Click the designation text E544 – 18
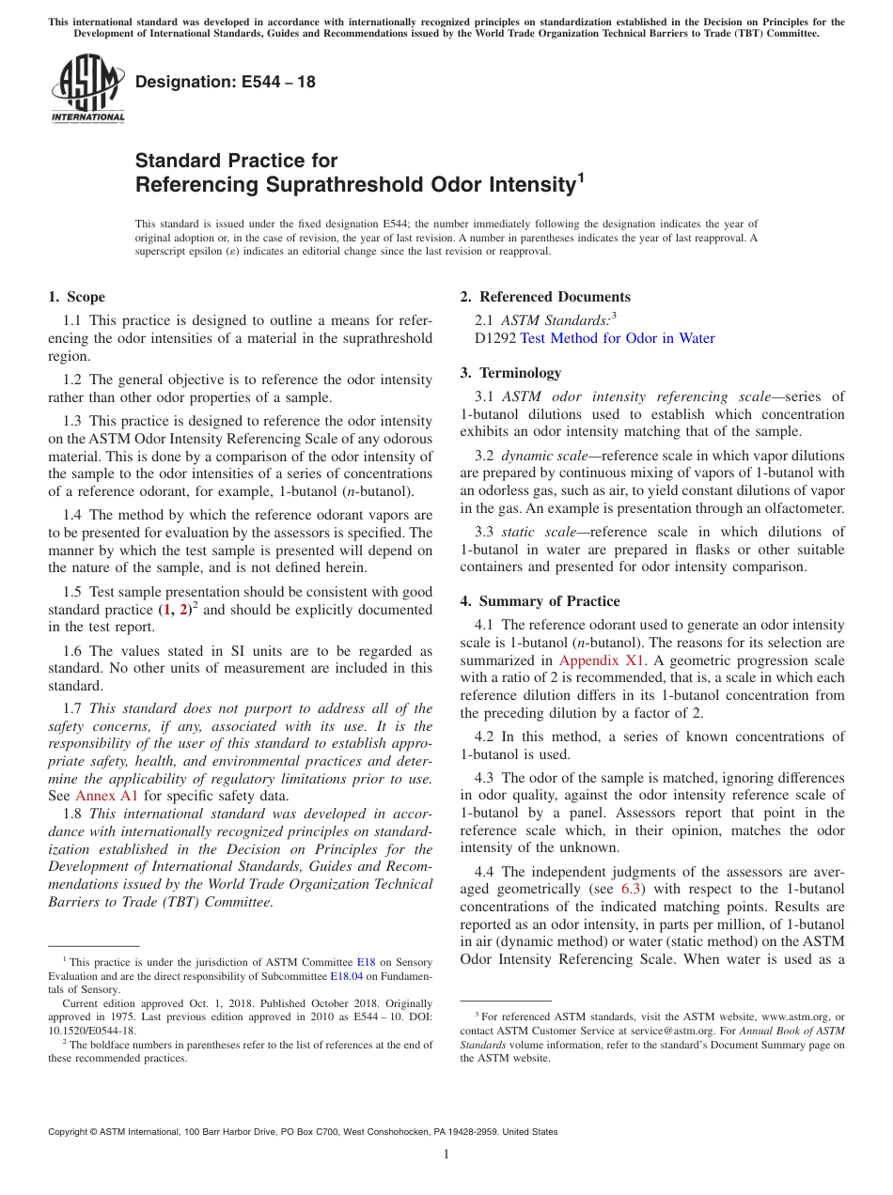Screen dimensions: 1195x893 [226, 83]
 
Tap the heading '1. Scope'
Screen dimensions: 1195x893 [76, 297]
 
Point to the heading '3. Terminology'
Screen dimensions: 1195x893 [510, 373]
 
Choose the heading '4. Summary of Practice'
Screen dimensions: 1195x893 [540, 601]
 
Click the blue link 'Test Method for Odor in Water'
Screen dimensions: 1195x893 [618, 338]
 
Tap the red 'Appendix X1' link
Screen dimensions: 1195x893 [602, 660]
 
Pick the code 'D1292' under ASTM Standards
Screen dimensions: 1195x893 [479, 338]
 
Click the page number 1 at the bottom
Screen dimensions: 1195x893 [446, 1155]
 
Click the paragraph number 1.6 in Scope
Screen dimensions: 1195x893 [73, 651]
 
